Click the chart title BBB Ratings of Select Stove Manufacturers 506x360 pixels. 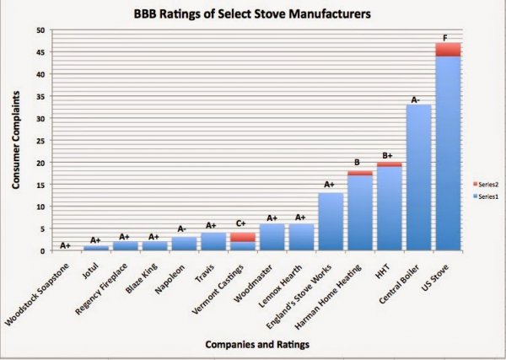click(254, 14)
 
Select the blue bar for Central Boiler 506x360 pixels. click(419, 178)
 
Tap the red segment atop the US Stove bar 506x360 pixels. click(448, 49)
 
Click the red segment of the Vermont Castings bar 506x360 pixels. click(244, 237)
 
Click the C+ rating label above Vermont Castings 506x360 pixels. click(242, 225)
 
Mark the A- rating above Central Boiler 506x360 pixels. click(417, 99)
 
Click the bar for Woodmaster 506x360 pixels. click(272, 237)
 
